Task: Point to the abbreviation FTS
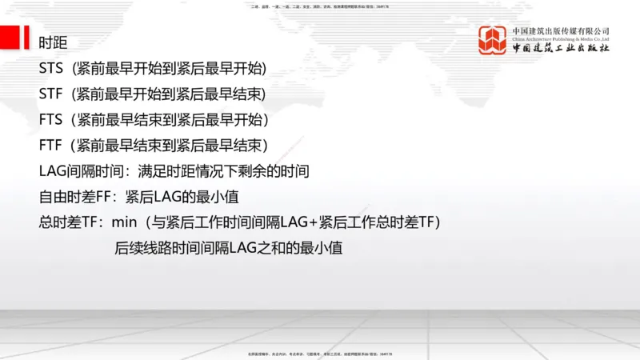tap(50, 119)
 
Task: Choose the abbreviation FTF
tap(50, 145)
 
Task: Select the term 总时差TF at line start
tap(67, 222)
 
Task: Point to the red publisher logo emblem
tap(492, 40)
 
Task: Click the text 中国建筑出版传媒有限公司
tap(561, 31)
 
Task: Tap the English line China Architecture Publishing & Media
tap(561, 38)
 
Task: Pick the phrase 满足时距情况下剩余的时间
tap(223, 170)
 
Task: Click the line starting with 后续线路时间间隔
tap(229, 247)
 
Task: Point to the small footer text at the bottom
tap(320, 353)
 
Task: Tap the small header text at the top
tap(320, 6)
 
